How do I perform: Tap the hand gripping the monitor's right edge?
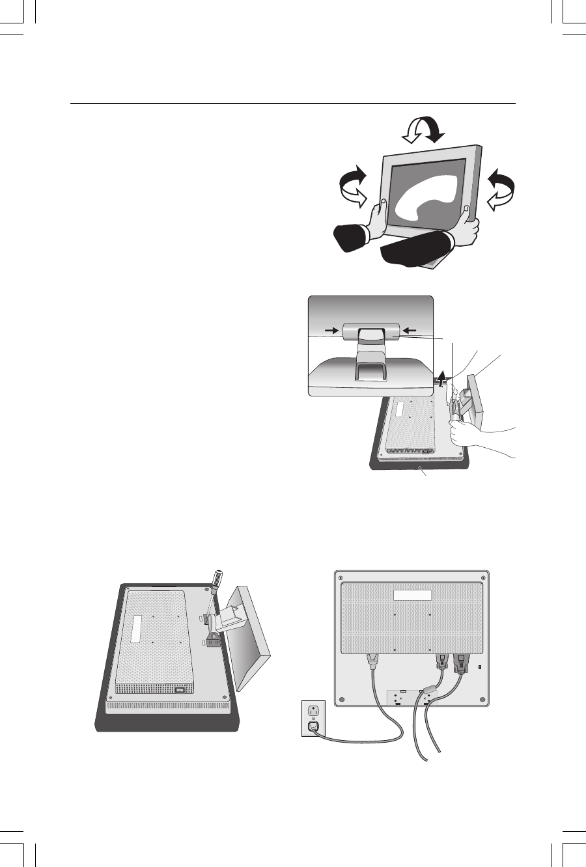pos(468,227)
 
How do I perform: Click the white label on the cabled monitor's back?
pos(412,595)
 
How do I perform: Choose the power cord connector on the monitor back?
pos(374,663)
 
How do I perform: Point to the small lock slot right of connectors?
pos(480,668)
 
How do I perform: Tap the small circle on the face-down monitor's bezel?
pos(422,467)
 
